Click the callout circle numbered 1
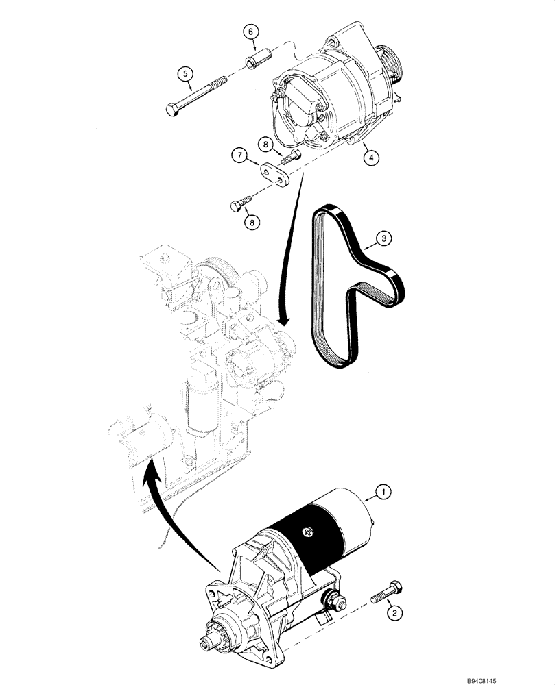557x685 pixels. (x=384, y=490)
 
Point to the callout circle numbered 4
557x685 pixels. (x=370, y=158)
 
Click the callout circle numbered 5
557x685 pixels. (x=185, y=74)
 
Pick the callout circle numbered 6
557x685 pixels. (x=251, y=32)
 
